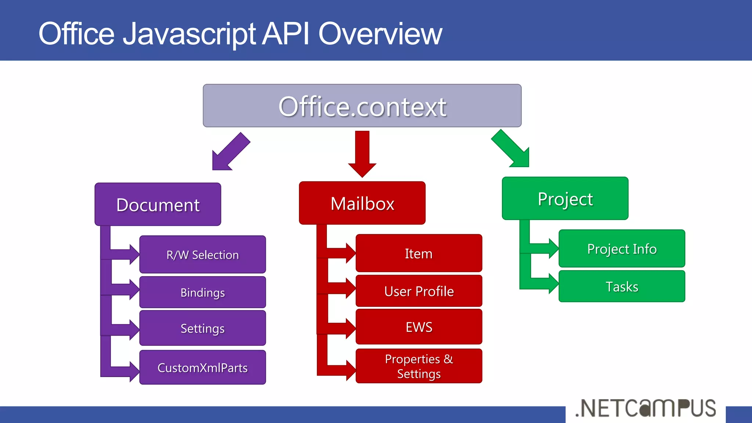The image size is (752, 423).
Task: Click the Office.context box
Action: pyautogui.click(x=362, y=106)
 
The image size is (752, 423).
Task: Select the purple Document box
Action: pyautogui.click(x=158, y=204)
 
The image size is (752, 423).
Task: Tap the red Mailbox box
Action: pyautogui.click(x=362, y=203)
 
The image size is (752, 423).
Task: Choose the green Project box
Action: pyautogui.click(x=565, y=199)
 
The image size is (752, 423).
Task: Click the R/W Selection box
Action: pyautogui.click(x=202, y=254)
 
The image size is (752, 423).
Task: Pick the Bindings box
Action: pyautogui.click(x=202, y=292)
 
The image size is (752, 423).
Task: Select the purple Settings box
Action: pyautogui.click(x=202, y=328)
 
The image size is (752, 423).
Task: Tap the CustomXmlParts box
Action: pyautogui.click(x=202, y=367)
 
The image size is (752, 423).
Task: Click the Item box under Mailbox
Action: pyautogui.click(x=419, y=253)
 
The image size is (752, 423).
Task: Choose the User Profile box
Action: pyautogui.click(x=419, y=291)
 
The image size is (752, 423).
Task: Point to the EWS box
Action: pyautogui.click(x=419, y=326)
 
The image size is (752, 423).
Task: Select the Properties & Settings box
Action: pyautogui.click(x=419, y=366)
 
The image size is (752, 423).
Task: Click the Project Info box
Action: pyautogui.click(x=622, y=249)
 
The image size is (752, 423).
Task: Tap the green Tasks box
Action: pyautogui.click(x=622, y=286)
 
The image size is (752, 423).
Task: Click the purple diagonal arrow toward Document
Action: pyautogui.click(x=229, y=153)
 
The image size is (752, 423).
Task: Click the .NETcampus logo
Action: pyautogui.click(x=646, y=408)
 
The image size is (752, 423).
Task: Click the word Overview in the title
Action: pyautogui.click(x=380, y=34)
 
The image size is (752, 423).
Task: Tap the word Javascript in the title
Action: pyautogui.click(x=189, y=34)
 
